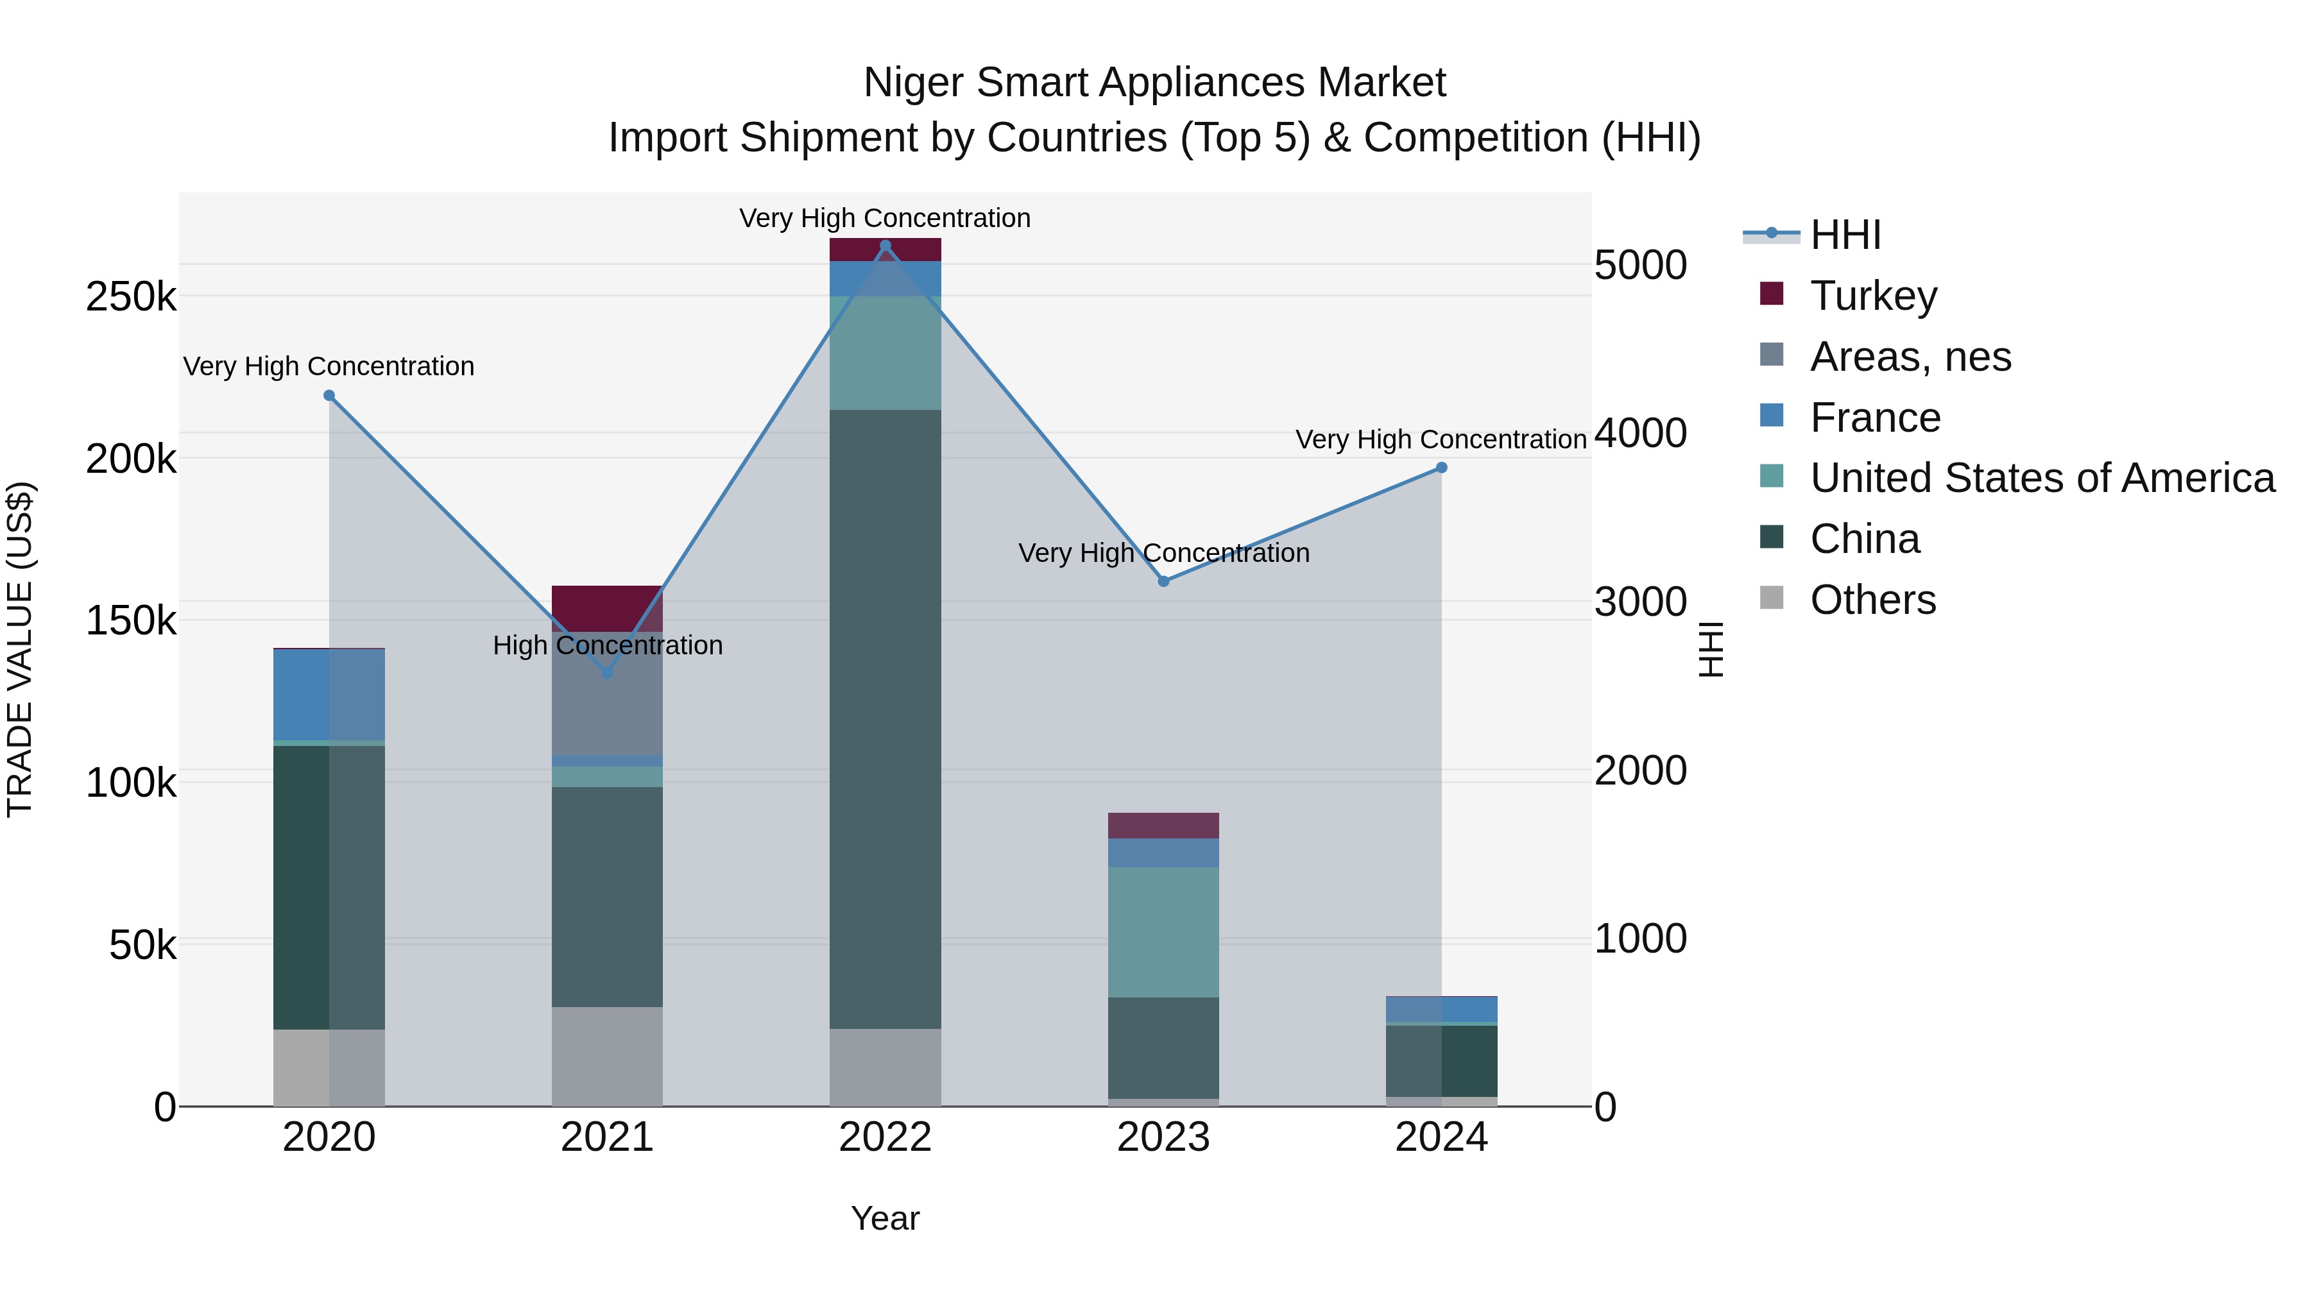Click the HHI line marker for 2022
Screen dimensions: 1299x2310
(885, 246)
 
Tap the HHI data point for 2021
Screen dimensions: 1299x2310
(607, 672)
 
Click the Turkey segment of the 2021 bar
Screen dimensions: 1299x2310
(607, 609)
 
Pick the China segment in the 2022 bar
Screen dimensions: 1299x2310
(885, 717)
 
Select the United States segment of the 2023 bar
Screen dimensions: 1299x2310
(1163, 932)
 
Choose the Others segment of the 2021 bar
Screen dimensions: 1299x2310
(607, 1056)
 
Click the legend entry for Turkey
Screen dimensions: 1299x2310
(1873, 296)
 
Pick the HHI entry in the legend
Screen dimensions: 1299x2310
(1845, 235)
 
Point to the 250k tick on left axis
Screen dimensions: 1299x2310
(131, 297)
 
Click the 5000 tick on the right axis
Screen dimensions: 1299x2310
(1640, 266)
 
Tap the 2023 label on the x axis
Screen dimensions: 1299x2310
(1163, 1137)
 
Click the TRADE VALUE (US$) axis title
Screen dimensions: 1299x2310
(21, 649)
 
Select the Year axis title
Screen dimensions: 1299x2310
(885, 1218)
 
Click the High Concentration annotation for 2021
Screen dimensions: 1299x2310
(607, 645)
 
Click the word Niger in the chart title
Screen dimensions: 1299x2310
(914, 83)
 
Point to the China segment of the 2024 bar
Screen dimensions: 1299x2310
(1441, 1060)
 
